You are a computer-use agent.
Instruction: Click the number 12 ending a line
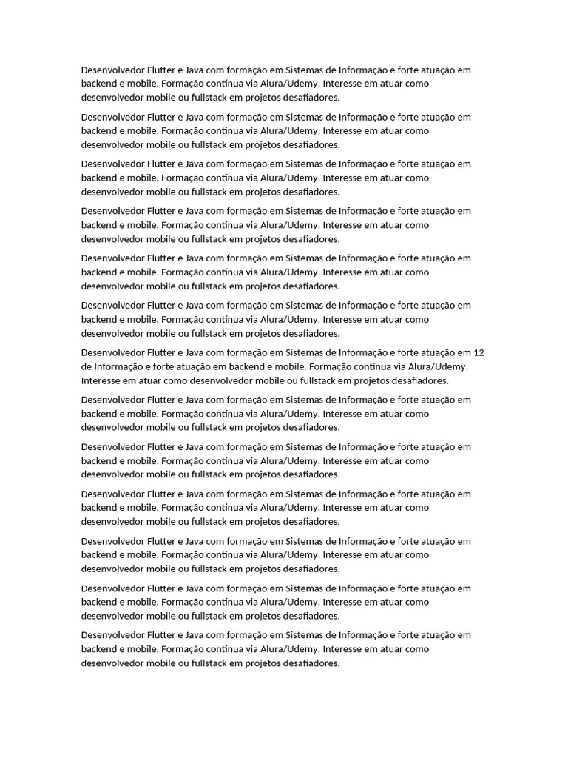[479, 352]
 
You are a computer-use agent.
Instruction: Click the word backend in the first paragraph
[98, 84]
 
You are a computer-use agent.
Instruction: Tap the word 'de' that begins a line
[87, 366]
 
